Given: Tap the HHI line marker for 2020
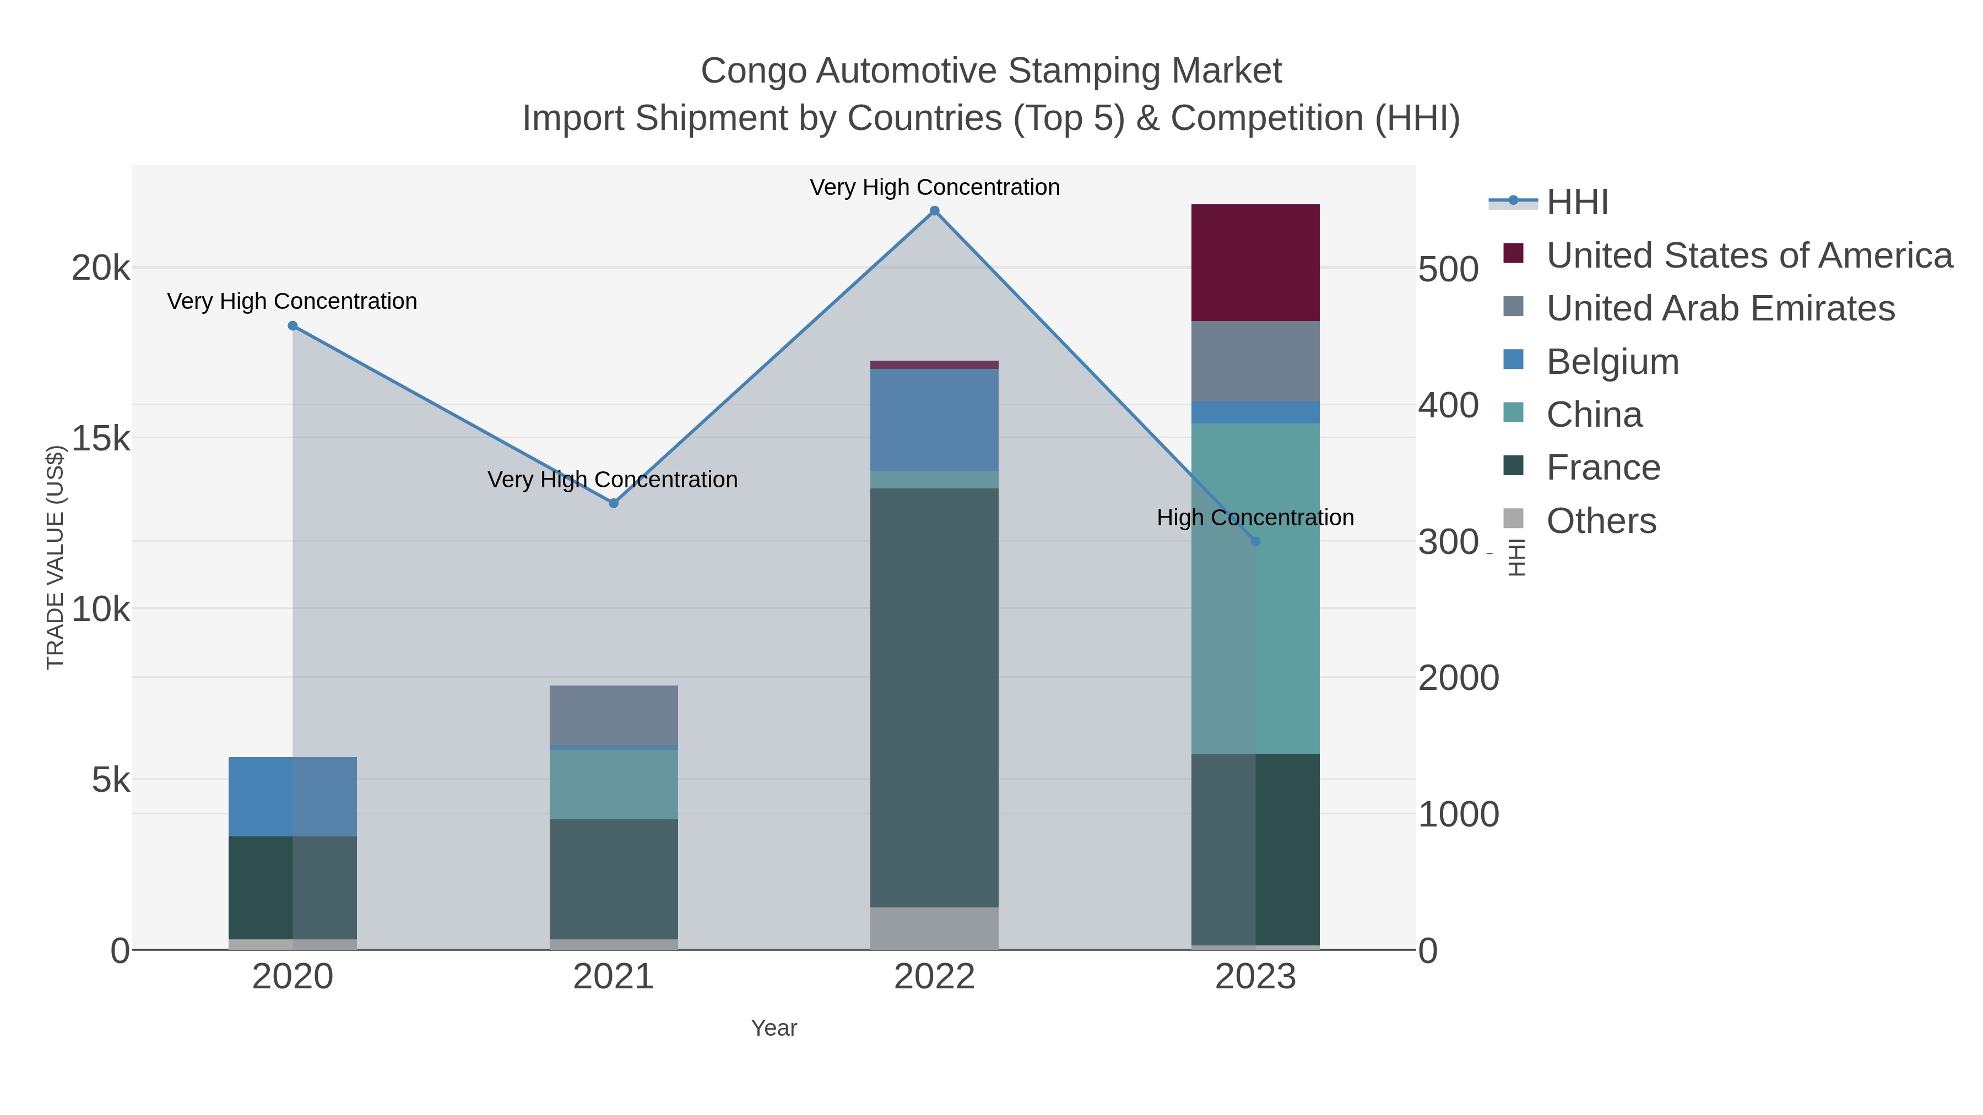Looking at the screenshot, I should pos(292,325).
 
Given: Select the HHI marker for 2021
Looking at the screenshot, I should pos(614,503).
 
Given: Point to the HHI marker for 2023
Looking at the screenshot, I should pos(1255,542).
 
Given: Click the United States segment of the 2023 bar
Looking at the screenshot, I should pos(1255,263).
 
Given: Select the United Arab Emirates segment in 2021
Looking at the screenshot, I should pos(614,715).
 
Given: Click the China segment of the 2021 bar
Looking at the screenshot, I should pos(614,784).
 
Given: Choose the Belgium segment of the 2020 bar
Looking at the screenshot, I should pos(292,796).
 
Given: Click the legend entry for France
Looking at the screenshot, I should pos(1603,468).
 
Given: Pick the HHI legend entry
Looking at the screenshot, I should pos(1576,203).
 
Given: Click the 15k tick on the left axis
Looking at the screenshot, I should pos(101,439).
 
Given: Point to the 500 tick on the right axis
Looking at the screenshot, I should pos(1447,270).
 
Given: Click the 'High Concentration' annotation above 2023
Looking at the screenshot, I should pos(1255,518).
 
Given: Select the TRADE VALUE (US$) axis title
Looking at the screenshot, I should pos(56,557).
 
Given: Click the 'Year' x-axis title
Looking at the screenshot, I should pos(774,1028).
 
